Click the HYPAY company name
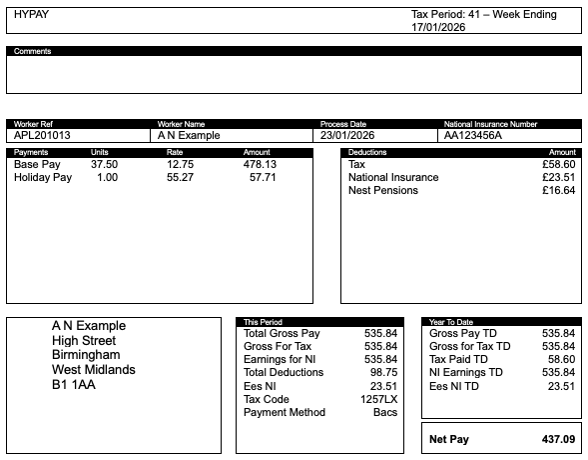pos(31,15)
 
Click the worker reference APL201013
pos(42,135)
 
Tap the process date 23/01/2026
pos(347,135)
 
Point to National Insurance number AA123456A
pos(473,135)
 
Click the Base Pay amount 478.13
pos(260,164)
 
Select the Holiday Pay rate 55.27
pos(180,177)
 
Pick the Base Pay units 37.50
pos(104,164)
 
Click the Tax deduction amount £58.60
pos(558,164)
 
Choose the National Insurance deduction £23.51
pos(558,177)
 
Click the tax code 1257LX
pos(379,399)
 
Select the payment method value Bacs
pos(385,412)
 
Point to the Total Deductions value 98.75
pos(384,372)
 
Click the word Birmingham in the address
pos(86,355)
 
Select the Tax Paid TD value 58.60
pos(558,359)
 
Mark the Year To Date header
pos(450,322)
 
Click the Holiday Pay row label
pos(43,177)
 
